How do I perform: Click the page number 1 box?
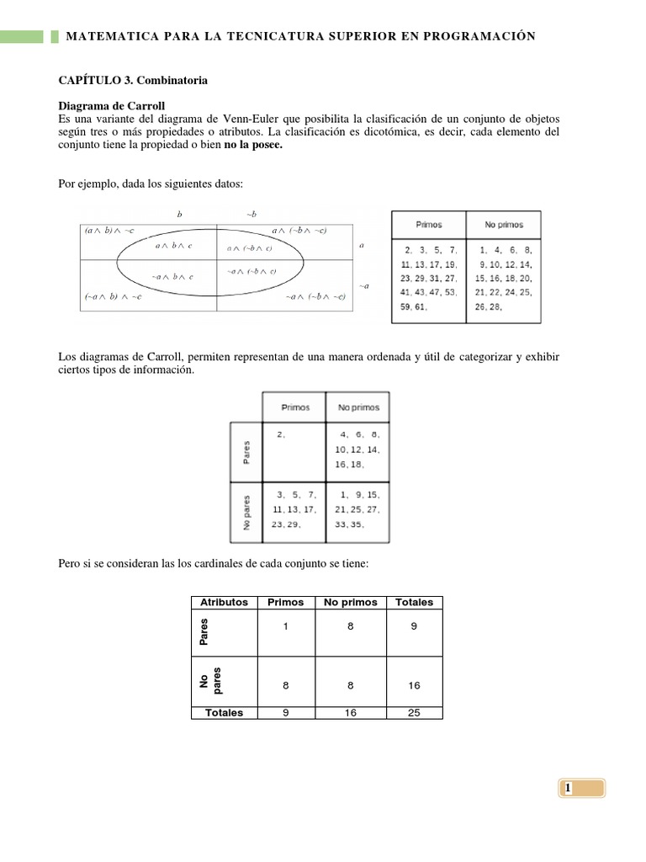tap(580, 788)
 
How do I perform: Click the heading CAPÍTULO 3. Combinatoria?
tap(132, 81)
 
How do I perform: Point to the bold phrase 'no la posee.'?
tap(251, 145)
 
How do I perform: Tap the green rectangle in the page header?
tap(22, 36)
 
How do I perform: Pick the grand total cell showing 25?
tap(414, 712)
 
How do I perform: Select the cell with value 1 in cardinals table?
tap(285, 625)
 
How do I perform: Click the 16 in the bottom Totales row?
tap(349, 712)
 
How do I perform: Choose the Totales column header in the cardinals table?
tap(414, 602)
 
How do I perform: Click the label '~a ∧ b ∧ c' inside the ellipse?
tap(172, 276)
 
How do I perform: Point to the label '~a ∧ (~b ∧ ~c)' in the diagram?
tap(315, 296)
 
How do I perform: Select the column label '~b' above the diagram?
tap(251, 214)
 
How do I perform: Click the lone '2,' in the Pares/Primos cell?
tap(280, 435)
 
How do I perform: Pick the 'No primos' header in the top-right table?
tap(504, 225)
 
